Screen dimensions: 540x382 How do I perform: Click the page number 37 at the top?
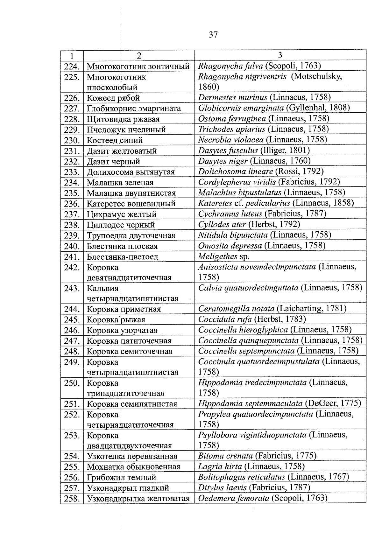(213, 35)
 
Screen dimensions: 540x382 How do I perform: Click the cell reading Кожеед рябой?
(113, 98)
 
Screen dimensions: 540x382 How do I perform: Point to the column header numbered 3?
(280, 55)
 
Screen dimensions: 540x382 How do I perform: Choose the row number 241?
(72, 257)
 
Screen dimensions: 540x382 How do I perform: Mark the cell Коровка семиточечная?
(130, 351)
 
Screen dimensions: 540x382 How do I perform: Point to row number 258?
(72, 499)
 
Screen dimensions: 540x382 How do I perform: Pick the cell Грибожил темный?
(122, 478)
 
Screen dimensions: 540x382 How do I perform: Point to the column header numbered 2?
(139, 56)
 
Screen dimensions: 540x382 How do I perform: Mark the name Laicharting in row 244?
(299, 308)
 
